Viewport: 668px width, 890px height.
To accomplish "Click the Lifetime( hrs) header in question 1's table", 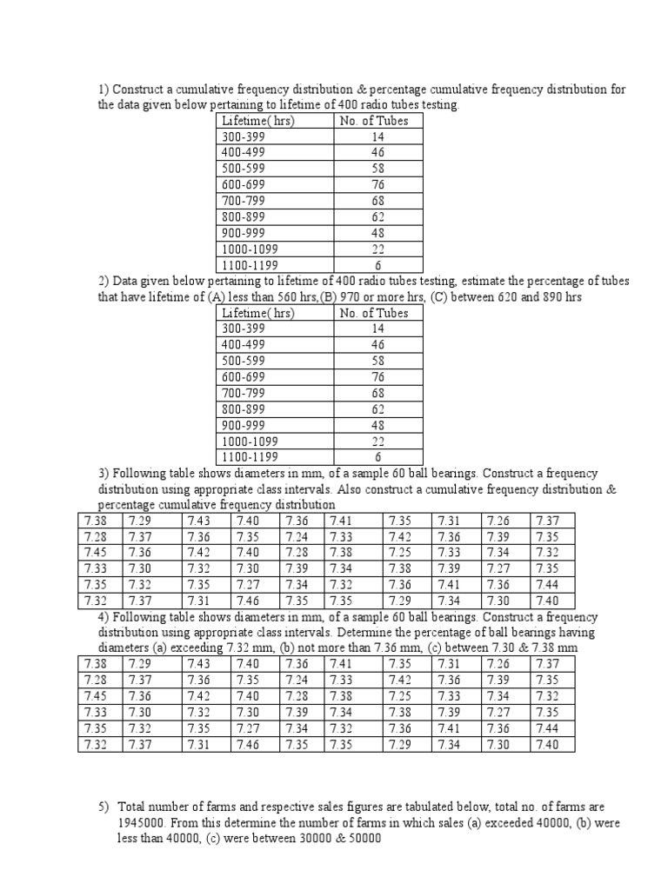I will pos(258,121).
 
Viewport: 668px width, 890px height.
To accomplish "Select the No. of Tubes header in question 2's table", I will pos(374,313).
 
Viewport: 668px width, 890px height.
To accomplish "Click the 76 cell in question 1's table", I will pos(378,183).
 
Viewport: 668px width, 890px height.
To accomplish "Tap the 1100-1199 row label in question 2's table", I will pos(250,457).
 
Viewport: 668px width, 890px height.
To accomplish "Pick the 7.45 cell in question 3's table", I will pos(95,553).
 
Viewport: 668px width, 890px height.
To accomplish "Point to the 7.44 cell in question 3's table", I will pos(548,584).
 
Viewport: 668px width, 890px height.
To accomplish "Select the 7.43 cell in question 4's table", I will pos(198,665).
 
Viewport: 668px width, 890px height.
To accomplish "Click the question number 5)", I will pos(103,807).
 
